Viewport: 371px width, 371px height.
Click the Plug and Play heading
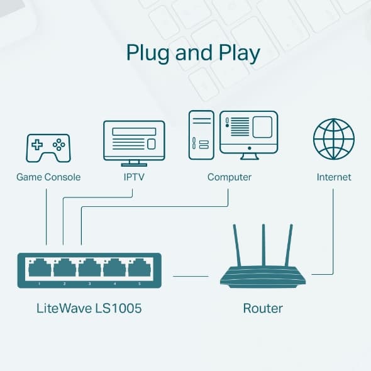(193, 54)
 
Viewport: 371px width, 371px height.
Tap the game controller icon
(48, 147)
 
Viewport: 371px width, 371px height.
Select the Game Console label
(48, 177)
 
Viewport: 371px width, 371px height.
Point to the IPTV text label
(134, 177)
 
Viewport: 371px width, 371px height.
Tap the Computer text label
(230, 177)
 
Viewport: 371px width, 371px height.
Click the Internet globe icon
(333, 140)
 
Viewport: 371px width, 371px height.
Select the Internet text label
(334, 177)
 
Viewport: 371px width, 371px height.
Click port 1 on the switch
(40, 269)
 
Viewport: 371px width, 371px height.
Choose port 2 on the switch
(64, 269)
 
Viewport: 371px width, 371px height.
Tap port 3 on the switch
(89, 269)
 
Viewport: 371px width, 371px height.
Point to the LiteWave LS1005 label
(89, 308)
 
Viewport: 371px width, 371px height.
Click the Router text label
(263, 308)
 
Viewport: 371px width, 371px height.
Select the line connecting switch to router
(191, 275)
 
